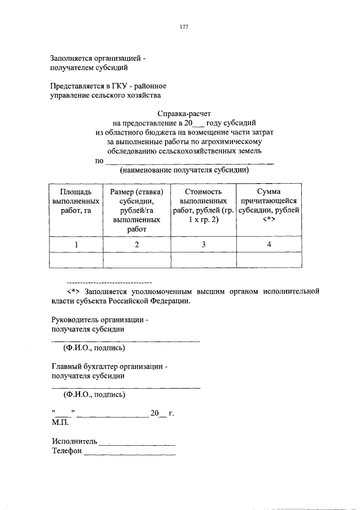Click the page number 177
[184, 27]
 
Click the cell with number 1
[76, 244]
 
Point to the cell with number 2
[136, 244]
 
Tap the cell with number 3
[203, 244]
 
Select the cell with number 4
[269, 244]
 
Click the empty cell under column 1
[76, 260]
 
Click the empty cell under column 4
[269, 260]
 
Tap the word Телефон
[67, 451]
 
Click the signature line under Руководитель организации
[126, 340]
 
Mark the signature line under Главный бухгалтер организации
[126, 387]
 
